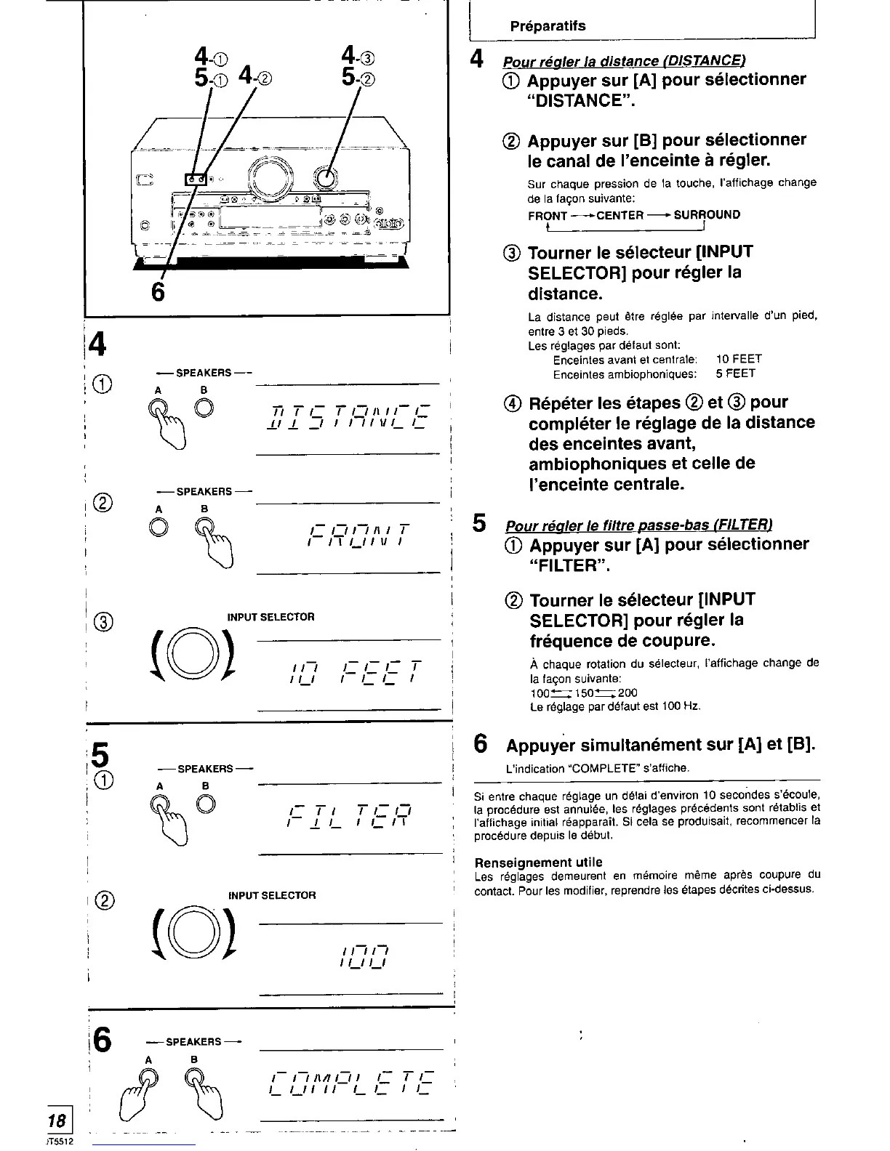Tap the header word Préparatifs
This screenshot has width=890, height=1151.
coord(548,26)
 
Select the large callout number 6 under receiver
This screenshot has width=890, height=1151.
coord(157,291)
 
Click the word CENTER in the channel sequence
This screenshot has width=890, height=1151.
coord(620,215)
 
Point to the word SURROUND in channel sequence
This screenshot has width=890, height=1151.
coord(707,215)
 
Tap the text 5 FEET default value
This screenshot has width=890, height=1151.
coord(735,373)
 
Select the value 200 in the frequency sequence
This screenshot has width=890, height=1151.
coord(628,693)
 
